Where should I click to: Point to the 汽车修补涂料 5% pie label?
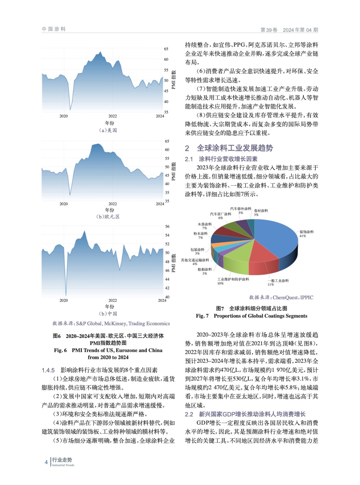point(241,211)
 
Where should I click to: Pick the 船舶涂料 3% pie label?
point(205,271)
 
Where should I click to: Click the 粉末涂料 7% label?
point(200,236)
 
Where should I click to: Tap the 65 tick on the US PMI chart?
point(166,49)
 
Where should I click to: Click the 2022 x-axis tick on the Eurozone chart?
point(113,204)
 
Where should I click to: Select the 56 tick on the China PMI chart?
point(167,226)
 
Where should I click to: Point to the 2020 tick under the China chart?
point(64,300)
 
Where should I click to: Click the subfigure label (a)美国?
point(108,130)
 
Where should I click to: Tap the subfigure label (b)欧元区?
point(108,217)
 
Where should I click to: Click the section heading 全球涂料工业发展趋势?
point(235,148)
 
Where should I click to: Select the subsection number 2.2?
point(189,414)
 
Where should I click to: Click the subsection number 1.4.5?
point(48,370)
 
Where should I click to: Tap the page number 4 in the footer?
point(46,462)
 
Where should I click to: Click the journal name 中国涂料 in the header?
point(54,29)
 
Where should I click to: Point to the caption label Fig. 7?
point(202,316)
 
